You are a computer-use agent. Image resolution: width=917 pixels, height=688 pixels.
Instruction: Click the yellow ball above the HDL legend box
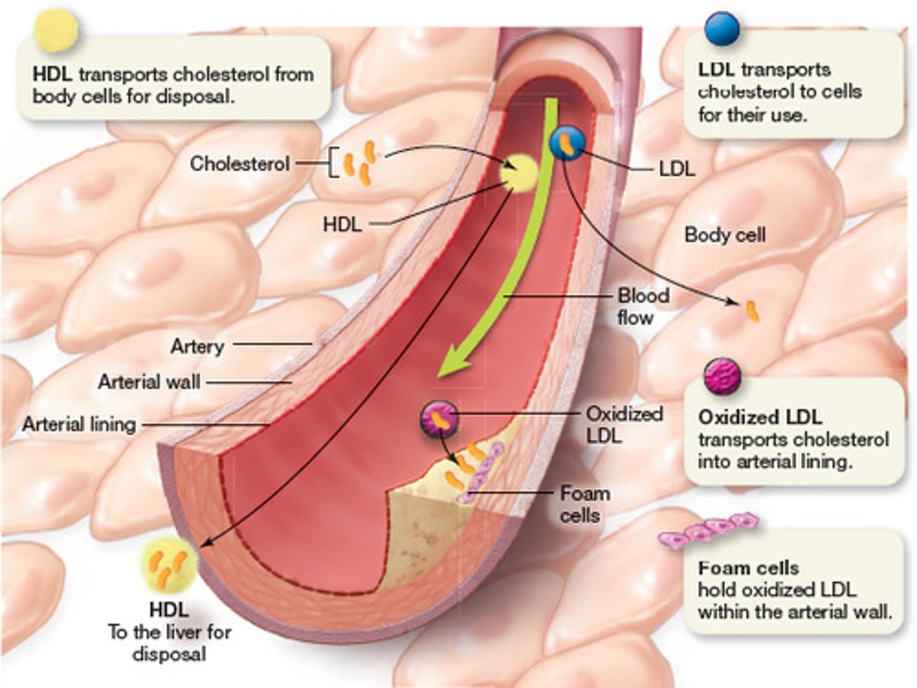[56, 30]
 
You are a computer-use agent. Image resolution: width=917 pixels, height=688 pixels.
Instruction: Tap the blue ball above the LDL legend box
[722, 29]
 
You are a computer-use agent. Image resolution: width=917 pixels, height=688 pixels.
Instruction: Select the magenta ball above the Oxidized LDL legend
[722, 376]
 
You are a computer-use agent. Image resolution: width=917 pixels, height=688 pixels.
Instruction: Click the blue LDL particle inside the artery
[567, 143]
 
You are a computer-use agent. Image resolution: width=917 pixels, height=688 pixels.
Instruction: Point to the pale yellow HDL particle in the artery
[518, 173]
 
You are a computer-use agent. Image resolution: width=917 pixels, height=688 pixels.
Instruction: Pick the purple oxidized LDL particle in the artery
[439, 420]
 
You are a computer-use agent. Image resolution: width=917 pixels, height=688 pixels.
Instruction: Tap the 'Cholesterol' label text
[239, 164]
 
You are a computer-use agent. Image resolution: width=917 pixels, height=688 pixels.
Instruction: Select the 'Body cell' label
[725, 235]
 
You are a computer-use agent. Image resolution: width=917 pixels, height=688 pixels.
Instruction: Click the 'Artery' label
[197, 346]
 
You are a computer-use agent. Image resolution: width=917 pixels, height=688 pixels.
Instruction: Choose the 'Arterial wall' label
[149, 382]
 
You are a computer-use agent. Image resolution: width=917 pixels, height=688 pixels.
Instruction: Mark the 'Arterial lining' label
[80, 424]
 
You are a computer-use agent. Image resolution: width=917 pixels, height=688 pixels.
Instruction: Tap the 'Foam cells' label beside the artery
[584, 504]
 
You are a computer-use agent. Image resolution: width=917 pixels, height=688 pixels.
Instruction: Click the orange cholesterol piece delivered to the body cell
[753, 312]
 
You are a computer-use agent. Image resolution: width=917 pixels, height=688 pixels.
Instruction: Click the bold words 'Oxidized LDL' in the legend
[760, 417]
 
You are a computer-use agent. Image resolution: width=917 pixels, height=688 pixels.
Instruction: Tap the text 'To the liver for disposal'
[169, 643]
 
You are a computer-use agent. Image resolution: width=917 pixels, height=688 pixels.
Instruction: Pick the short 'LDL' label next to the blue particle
[676, 169]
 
